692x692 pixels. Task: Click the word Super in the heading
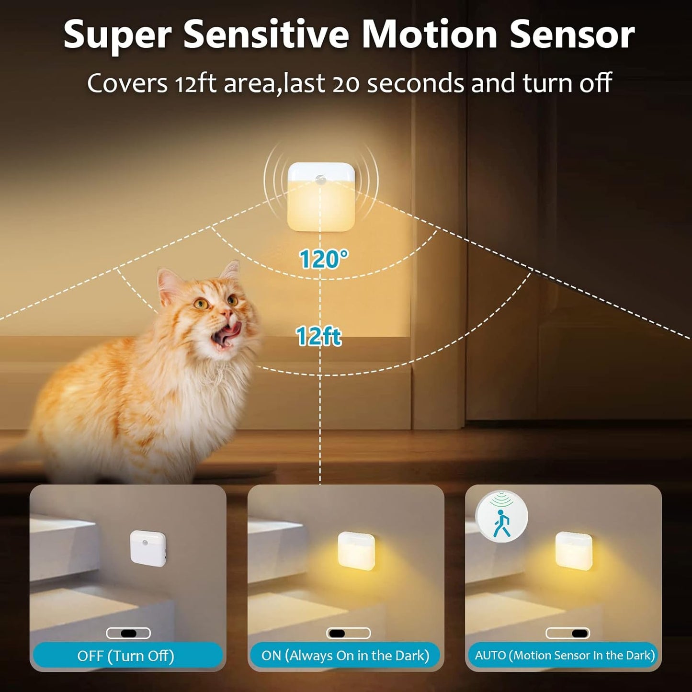(x=117, y=35)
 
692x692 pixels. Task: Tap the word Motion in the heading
(x=430, y=34)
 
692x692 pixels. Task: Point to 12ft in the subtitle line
(x=195, y=84)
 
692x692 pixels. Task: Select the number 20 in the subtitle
(x=346, y=84)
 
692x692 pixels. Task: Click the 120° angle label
(x=323, y=259)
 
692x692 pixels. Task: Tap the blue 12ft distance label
(x=318, y=336)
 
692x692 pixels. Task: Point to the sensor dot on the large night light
(x=320, y=180)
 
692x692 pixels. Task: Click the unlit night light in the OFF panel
(x=148, y=548)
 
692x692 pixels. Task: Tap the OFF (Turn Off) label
(x=126, y=655)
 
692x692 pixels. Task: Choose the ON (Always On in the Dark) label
(x=345, y=655)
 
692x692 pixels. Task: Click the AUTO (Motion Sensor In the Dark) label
(x=565, y=655)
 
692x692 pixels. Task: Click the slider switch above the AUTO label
(x=567, y=633)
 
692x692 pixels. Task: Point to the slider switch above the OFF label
(x=128, y=633)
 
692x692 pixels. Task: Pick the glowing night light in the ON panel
(x=356, y=550)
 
